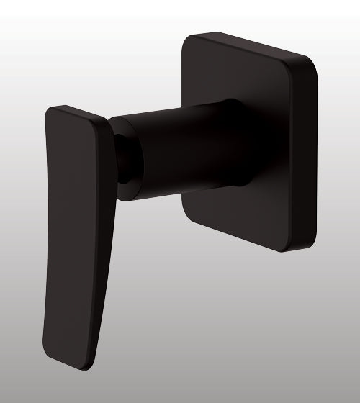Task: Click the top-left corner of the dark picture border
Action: click(x=2, y=2)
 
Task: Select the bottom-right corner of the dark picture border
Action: click(x=358, y=401)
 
